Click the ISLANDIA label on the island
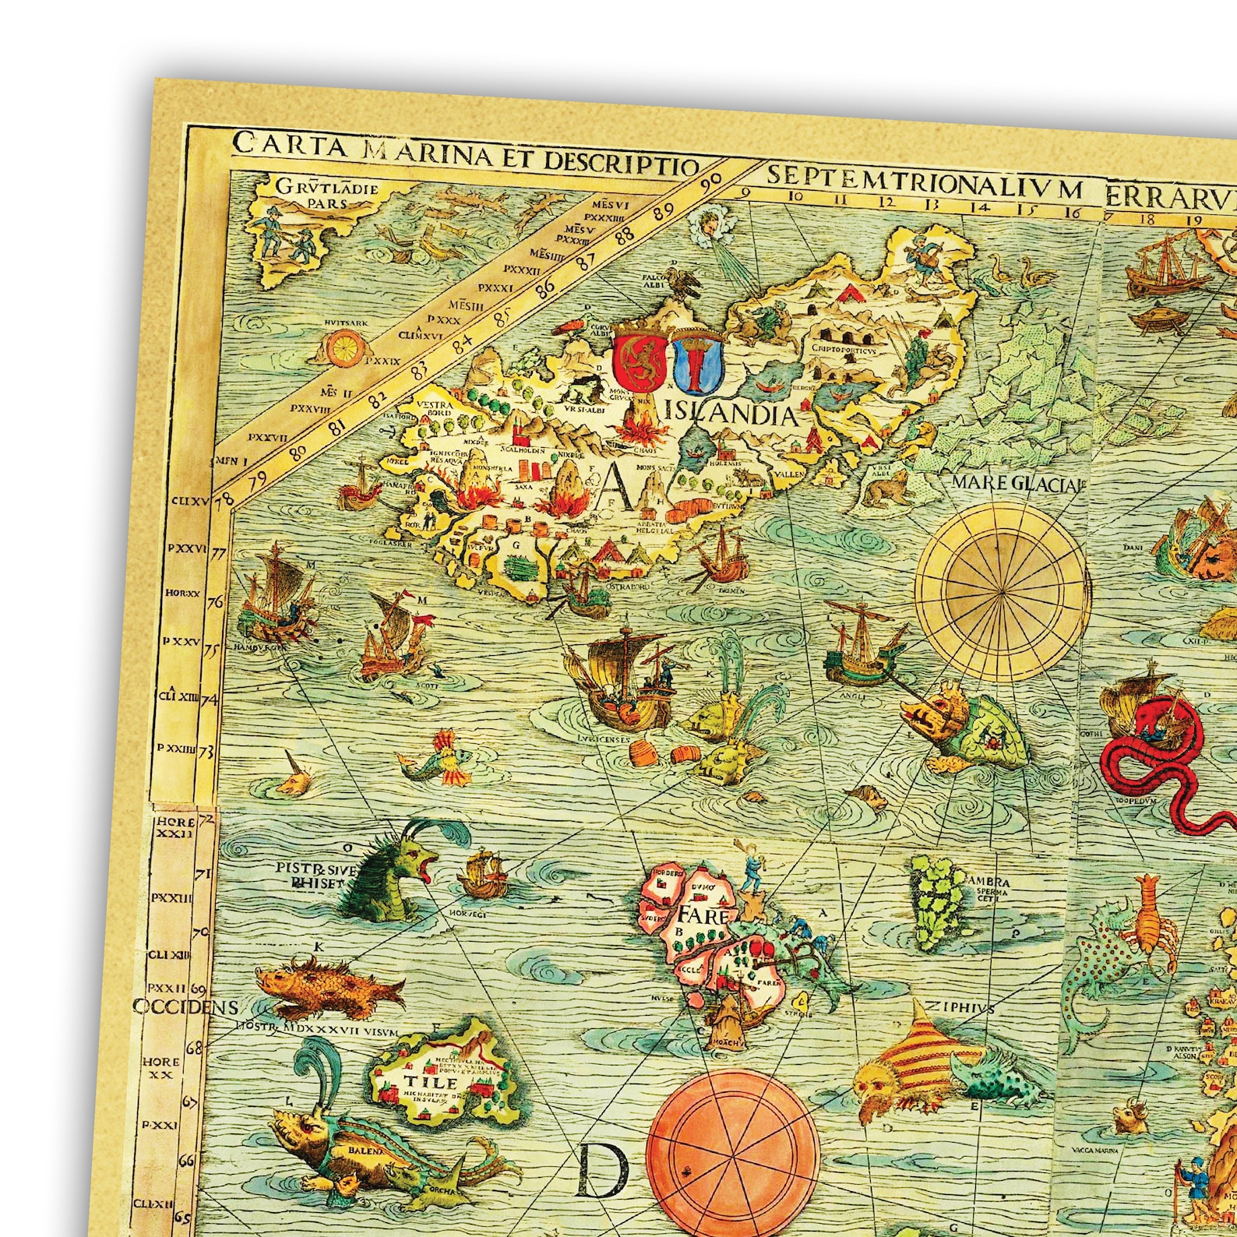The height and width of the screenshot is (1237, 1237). pos(731,414)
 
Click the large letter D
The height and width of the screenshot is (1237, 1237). pos(604,1172)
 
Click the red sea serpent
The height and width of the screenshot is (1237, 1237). pos(1161,759)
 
